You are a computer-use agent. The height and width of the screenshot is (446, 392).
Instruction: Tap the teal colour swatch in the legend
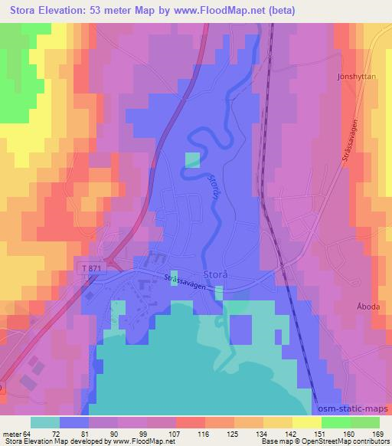45,422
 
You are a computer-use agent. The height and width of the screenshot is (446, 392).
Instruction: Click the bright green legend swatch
335,422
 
